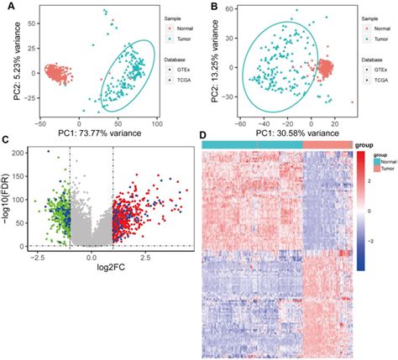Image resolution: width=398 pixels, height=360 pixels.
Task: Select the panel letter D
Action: coord(207,134)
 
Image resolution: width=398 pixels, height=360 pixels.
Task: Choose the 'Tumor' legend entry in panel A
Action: coord(182,39)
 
